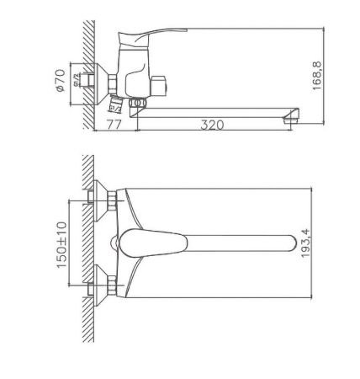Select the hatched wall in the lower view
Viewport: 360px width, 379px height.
[x=90, y=244]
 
